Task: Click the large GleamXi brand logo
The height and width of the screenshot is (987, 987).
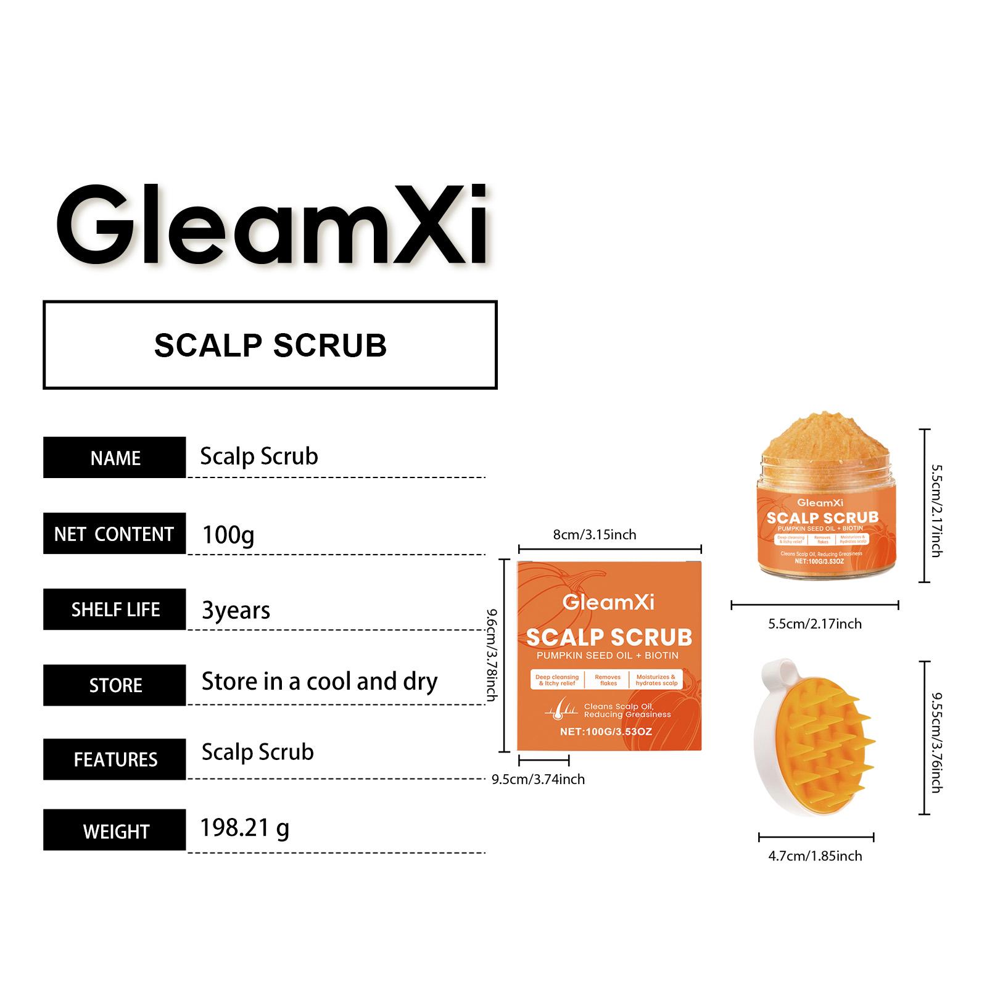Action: point(271,225)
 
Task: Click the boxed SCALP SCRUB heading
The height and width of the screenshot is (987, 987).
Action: point(270,345)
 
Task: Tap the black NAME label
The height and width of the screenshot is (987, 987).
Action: point(115,458)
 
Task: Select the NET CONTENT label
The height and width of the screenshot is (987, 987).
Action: point(114,534)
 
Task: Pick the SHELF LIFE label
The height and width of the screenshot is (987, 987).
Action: point(115,609)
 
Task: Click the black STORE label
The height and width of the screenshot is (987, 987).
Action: point(115,685)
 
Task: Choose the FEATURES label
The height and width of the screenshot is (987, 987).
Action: point(115,759)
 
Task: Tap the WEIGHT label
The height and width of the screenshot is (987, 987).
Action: point(115,831)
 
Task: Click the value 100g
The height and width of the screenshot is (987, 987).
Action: point(228,534)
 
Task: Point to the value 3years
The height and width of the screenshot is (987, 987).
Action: point(236,610)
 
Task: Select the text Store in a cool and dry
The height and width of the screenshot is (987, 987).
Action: point(320,682)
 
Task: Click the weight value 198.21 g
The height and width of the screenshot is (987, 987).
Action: point(244,828)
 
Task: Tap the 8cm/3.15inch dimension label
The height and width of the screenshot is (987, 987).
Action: point(594,534)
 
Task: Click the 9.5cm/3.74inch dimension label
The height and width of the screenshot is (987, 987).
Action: point(538,779)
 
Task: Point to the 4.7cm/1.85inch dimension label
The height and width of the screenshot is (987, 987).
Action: point(815,856)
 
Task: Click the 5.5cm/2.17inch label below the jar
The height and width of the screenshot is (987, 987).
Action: point(814,624)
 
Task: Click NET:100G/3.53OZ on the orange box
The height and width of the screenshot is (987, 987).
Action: point(606,732)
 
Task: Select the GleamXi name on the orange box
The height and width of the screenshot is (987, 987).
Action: point(608,602)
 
